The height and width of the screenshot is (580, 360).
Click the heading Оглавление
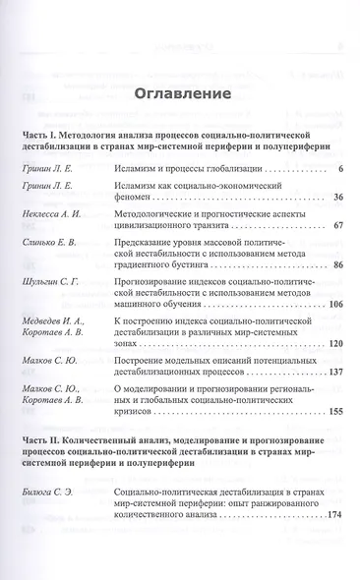pos(181,94)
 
